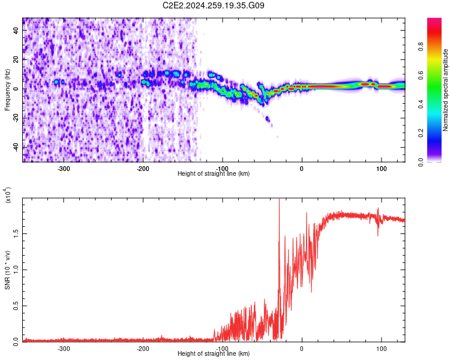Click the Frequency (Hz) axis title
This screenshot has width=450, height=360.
[x=7, y=90]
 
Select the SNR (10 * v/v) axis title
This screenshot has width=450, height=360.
[x=7, y=271]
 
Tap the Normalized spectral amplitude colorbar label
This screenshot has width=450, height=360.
[x=446, y=90]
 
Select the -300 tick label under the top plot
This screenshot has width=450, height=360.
[x=64, y=168]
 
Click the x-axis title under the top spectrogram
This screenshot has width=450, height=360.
[x=214, y=173]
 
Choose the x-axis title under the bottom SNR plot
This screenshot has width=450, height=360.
[x=214, y=353]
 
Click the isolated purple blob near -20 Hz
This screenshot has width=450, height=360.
[x=268, y=120]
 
